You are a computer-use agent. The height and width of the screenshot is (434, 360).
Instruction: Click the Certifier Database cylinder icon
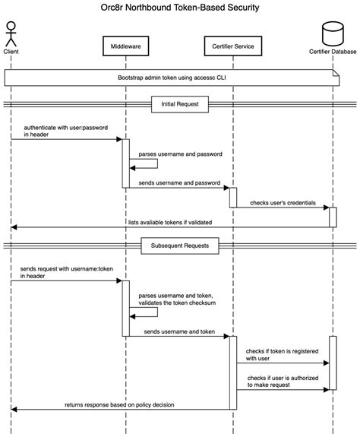pos(333,32)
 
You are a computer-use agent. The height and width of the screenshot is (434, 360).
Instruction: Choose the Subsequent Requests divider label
pos(179,246)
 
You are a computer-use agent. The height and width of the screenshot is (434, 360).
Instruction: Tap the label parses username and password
pos(182,154)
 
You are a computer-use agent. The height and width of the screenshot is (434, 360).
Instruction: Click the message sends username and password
pos(179,183)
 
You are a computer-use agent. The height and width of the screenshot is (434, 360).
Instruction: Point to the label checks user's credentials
pos(282,202)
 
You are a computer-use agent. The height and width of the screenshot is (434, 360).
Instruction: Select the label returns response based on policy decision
pos(123,405)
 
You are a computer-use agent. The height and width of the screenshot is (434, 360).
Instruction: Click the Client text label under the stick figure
pos(11,51)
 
